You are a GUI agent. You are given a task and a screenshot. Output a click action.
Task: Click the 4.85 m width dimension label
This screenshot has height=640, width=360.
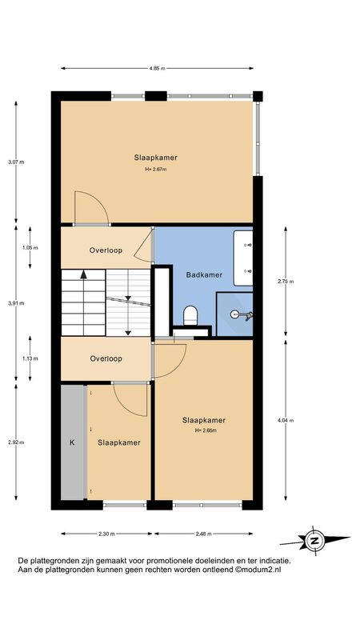pyautogui.click(x=157, y=69)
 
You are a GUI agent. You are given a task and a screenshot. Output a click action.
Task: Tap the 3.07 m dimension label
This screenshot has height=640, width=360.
pyautogui.click(x=16, y=162)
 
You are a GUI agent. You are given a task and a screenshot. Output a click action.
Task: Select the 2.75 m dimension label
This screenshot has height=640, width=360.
pyautogui.click(x=286, y=282)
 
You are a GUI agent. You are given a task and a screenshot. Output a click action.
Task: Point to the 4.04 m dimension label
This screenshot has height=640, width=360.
pyautogui.click(x=286, y=420)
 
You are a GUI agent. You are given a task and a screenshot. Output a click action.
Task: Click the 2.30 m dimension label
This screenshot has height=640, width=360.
pyautogui.click(x=107, y=534)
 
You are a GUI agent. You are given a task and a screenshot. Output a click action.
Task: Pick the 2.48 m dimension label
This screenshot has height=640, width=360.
pyautogui.click(x=203, y=534)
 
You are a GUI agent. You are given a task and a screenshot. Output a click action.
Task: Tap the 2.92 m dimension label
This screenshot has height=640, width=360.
pyautogui.click(x=16, y=442)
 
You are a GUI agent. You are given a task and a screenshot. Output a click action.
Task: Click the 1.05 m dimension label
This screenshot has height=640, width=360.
pyautogui.click(x=30, y=248)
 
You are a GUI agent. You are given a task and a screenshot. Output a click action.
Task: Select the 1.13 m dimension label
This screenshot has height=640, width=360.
pyautogui.click(x=30, y=358)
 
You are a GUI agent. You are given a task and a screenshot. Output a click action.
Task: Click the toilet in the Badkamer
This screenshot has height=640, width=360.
pyautogui.click(x=190, y=316)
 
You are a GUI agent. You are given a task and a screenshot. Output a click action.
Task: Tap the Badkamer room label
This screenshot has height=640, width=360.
pyautogui.click(x=204, y=275)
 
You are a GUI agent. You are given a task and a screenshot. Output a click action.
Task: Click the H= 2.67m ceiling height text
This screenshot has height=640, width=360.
pyautogui.click(x=156, y=169)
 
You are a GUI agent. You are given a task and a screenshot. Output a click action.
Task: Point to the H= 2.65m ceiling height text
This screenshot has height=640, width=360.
pyautogui.click(x=206, y=430)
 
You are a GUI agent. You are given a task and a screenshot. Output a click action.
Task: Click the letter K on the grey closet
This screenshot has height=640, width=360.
pyautogui.click(x=72, y=442)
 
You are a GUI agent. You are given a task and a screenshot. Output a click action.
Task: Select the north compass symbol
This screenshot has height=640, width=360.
pyautogui.click(x=314, y=541)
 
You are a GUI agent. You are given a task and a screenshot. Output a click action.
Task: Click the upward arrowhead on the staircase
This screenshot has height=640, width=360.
pyautogui.click(x=84, y=274)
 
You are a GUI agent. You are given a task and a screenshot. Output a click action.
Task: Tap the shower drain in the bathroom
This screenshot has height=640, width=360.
pyautogui.click(x=234, y=314)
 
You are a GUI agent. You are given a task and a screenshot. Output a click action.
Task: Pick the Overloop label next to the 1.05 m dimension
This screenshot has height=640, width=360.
pyautogui.click(x=106, y=250)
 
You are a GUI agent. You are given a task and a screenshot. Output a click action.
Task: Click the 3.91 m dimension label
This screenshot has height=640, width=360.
pyautogui.click(x=16, y=303)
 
